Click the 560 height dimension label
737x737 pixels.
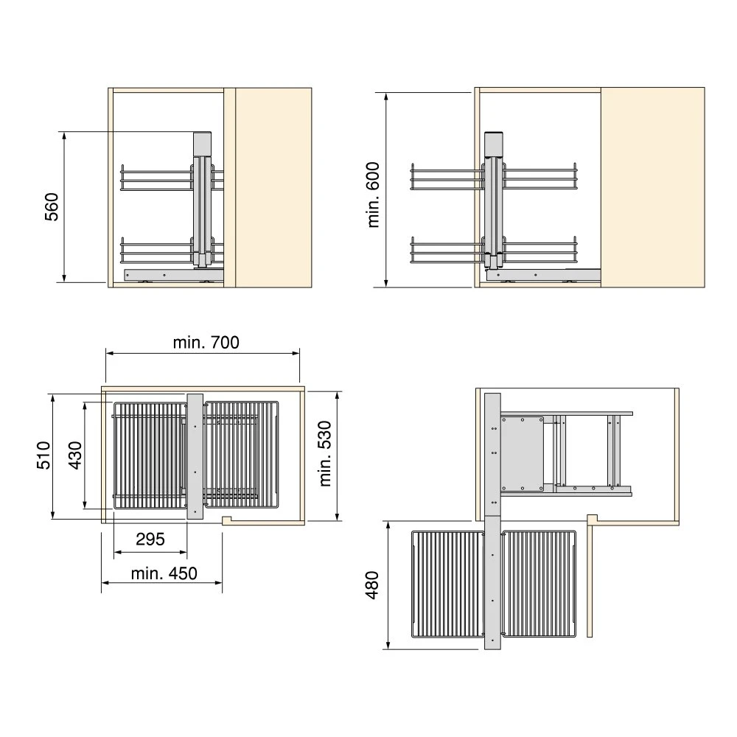(52, 207)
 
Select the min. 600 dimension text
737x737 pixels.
(373, 195)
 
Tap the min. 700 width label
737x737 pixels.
(206, 342)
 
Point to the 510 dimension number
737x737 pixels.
(43, 455)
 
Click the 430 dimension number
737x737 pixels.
(74, 455)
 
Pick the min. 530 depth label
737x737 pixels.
(325, 453)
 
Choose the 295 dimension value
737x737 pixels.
(150, 539)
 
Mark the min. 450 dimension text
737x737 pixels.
(164, 573)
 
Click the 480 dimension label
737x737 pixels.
(371, 585)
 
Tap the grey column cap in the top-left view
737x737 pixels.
(203, 144)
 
